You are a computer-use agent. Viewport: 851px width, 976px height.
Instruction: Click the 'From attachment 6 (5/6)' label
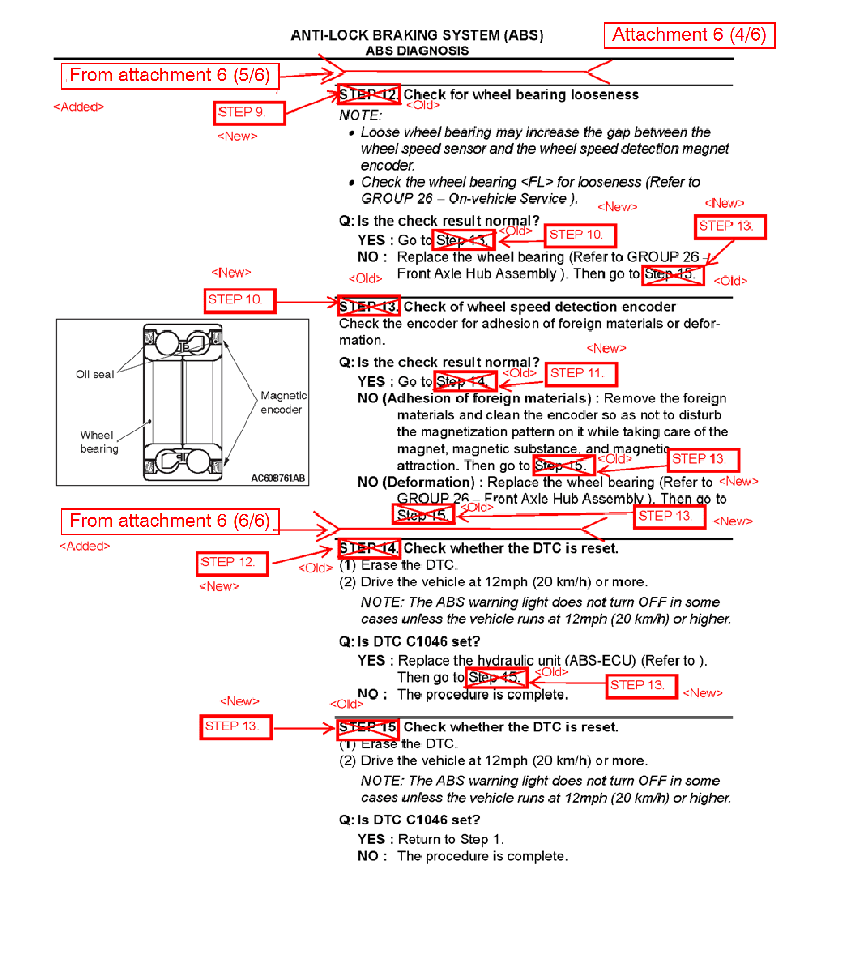170,75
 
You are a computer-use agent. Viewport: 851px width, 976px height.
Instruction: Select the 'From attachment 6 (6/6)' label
170,521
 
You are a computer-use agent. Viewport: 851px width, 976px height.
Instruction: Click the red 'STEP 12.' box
232,563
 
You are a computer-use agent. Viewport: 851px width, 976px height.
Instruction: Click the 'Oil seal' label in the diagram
95,374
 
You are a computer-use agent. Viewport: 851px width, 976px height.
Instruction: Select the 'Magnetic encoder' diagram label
283,402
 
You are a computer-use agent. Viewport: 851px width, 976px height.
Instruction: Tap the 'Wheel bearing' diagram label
98,442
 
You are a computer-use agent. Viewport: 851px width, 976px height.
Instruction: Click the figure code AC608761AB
278,478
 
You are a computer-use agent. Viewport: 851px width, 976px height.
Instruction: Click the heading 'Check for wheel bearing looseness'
520,94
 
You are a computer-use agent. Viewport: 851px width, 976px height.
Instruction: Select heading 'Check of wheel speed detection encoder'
539,306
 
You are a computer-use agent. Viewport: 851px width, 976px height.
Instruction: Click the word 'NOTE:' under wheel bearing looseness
360,115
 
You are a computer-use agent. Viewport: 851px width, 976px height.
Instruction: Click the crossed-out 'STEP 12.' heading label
369,94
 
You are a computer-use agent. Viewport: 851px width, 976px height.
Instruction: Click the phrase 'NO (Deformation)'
416,482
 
